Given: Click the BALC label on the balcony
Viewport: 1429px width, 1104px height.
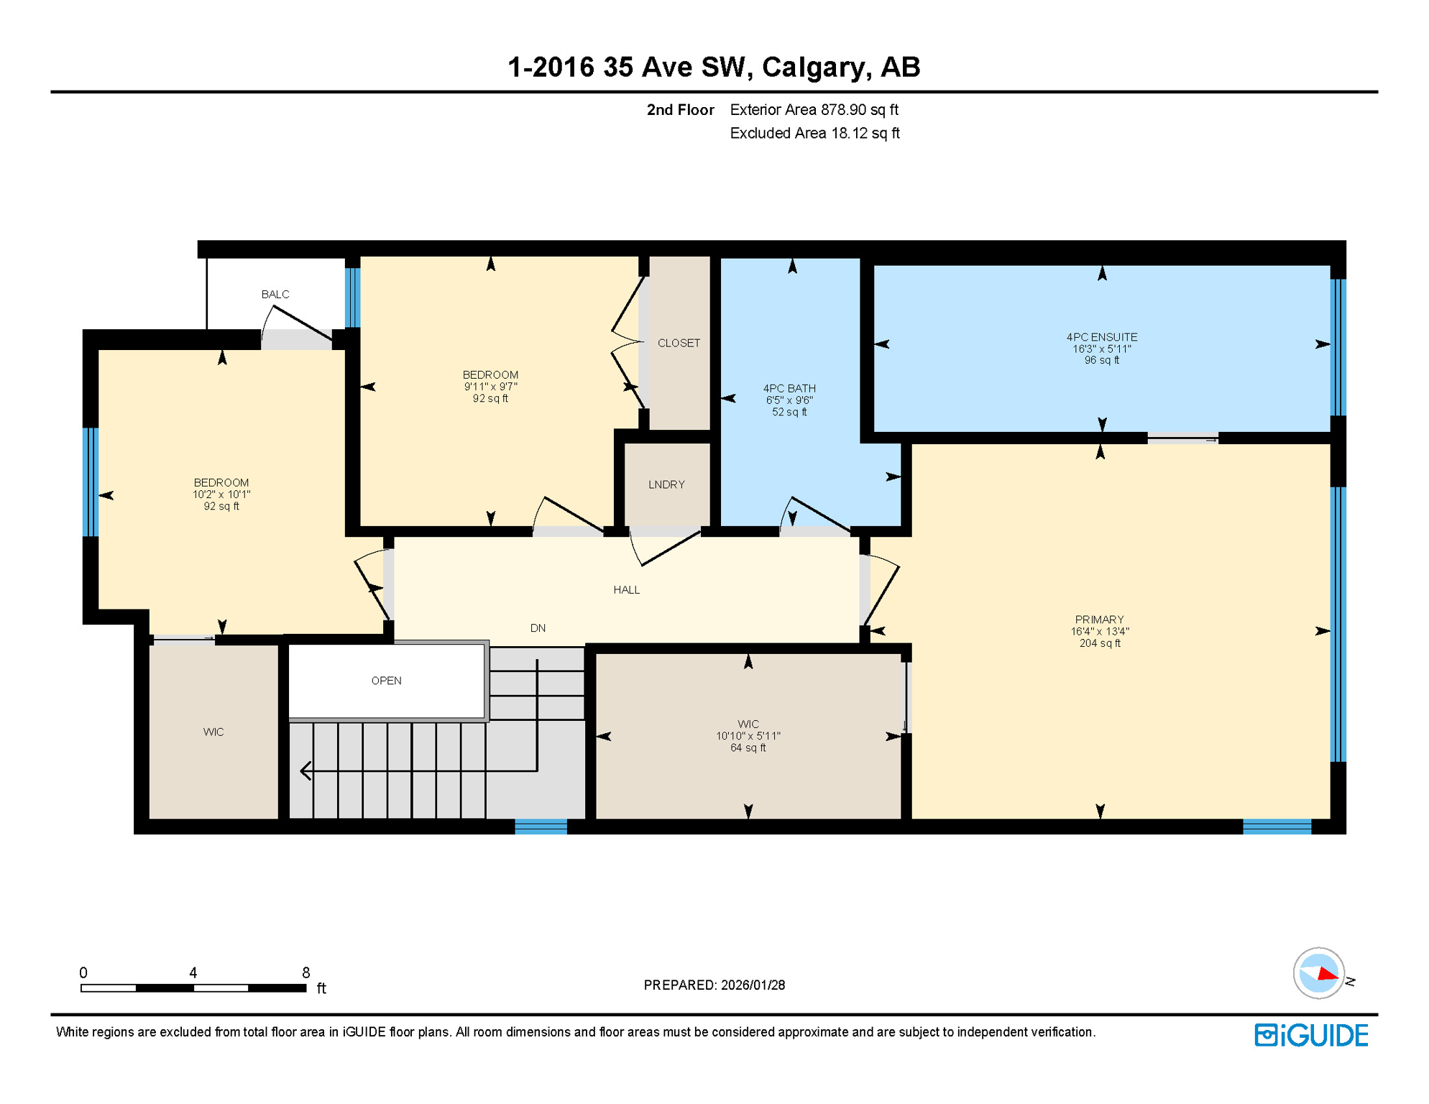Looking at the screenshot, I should (275, 295).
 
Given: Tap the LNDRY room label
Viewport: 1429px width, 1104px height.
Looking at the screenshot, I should (666, 484).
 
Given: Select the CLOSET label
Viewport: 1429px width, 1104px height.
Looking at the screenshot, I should (679, 343).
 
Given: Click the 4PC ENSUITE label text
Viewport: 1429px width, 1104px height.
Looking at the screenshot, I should (1101, 337).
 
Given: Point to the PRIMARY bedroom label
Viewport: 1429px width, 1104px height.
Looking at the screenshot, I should (1099, 620).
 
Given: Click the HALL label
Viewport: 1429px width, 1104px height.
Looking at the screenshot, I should (626, 590).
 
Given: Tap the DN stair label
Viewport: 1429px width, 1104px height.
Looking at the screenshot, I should (538, 628).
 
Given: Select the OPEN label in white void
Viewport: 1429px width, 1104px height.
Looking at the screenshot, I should (386, 681).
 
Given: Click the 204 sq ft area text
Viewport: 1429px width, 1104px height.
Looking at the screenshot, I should (1099, 643).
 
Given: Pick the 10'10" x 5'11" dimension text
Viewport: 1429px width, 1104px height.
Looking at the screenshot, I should (748, 736).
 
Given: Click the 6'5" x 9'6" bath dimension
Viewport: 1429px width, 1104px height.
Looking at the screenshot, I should (789, 400).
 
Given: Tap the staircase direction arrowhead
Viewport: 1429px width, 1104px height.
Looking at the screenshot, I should (305, 771).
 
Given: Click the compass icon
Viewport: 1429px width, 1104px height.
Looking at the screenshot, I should (1318, 973).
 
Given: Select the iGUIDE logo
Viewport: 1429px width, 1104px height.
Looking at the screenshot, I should (1311, 1036).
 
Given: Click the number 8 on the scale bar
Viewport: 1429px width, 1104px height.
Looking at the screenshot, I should (305, 972).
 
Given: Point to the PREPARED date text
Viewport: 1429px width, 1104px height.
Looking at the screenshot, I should (714, 985).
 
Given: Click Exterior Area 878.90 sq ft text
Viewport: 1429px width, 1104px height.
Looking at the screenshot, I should (814, 110).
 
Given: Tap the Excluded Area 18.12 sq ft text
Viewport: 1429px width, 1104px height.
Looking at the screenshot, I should (814, 134).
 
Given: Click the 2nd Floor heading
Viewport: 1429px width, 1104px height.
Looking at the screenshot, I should (680, 110).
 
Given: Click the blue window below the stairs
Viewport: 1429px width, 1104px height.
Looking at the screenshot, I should (541, 827).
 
